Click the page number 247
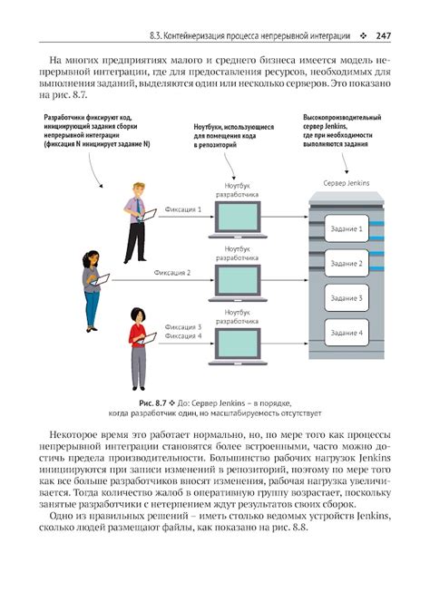383,36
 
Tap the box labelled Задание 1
347,228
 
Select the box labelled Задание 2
347,264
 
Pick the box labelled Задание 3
347,298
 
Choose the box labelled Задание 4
347,333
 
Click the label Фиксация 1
183,209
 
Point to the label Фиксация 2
172,273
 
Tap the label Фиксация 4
183,336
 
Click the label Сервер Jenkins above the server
347,183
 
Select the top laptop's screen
238,217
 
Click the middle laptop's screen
238,280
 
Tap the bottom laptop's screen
238,344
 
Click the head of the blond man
139,189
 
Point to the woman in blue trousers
92,291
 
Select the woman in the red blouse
139,349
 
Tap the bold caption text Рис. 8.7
152,403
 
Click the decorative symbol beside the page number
364,36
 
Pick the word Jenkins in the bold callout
336,126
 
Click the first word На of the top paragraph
55,61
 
